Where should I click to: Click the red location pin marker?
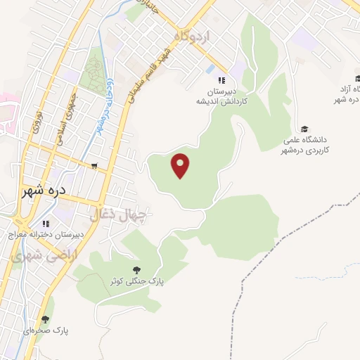[x=181, y=165]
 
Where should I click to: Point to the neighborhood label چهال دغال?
[x=118, y=214]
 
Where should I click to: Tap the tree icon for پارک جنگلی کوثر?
[x=136, y=269]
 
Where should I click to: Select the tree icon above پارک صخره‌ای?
[x=46, y=319]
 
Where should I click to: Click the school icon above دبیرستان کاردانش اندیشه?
[x=221, y=80]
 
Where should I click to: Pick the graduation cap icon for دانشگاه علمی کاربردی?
[x=304, y=129]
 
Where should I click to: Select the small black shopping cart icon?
[x=94, y=166]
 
